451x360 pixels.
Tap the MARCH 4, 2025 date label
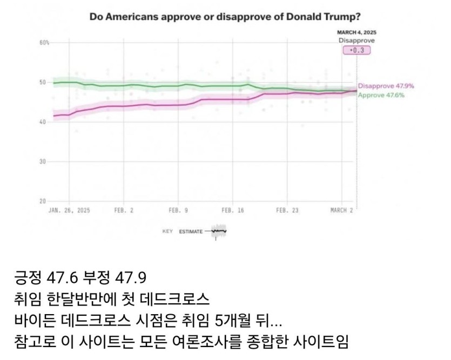(x=356, y=32)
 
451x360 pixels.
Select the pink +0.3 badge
(x=356, y=50)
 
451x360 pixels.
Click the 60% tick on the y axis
(x=44, y=43)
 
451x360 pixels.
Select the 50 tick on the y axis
(x=43, y=82)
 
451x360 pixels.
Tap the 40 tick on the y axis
(x=43, y=122)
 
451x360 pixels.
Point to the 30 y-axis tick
(x=43, y=162)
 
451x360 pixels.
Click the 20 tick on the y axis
(x=43, y=201)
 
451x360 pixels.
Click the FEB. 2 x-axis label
(x=124, y=210)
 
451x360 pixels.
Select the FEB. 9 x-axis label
(x=178, y=210)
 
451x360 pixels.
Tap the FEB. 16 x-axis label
(x=233, y=210)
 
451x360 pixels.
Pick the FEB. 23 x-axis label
(x=287, y=210)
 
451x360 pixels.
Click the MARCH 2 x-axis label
(x=341, y=210)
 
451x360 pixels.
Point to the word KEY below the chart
(x=167, y=232)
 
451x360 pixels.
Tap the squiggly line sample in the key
(x=219, y=231)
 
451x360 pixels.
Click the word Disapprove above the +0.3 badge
(x=356, y=40)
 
